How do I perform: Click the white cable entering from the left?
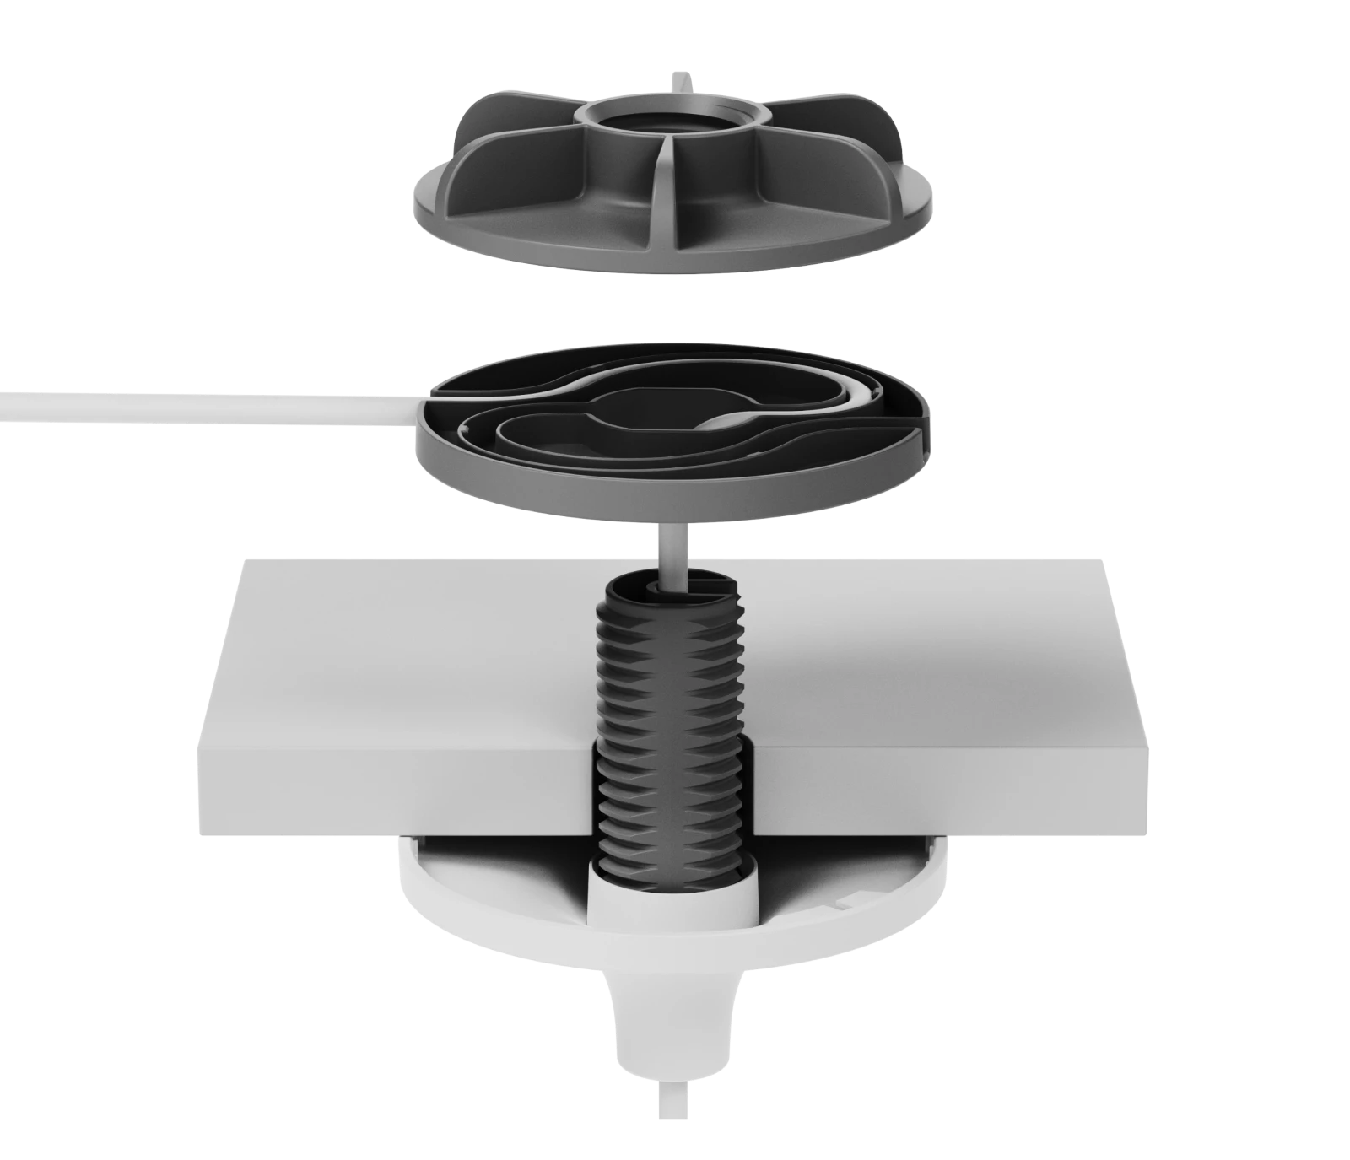tap(169, 407)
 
